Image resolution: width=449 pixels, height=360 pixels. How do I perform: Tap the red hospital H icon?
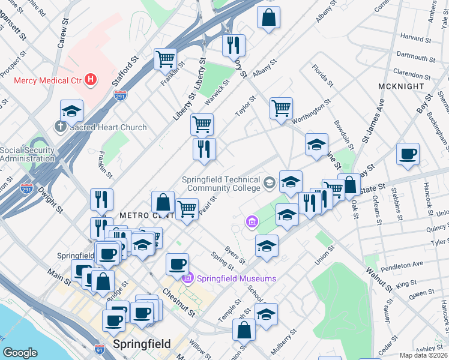click(x=90, y=79)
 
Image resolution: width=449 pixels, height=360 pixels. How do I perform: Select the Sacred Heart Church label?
click(x=108, y=127)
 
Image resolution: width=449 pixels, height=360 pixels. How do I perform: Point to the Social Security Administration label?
click(x=36, y=154)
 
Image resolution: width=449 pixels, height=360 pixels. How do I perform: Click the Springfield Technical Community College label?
click(x=222, y=184)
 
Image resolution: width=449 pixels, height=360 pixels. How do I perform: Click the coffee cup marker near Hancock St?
click(x=408, y=154)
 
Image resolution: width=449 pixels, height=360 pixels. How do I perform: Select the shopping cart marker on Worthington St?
click(x=281, y=109)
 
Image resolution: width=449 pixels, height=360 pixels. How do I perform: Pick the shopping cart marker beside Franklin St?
click(x=165, y=59)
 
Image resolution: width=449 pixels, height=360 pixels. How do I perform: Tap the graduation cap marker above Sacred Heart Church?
click(x=71, y=111)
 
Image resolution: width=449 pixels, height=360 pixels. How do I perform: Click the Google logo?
click(x=20, y=353)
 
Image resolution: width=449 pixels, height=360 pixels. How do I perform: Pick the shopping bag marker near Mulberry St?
click(x=244, y=329)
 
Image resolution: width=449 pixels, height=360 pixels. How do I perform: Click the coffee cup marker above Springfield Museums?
click(x=177, y=264)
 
